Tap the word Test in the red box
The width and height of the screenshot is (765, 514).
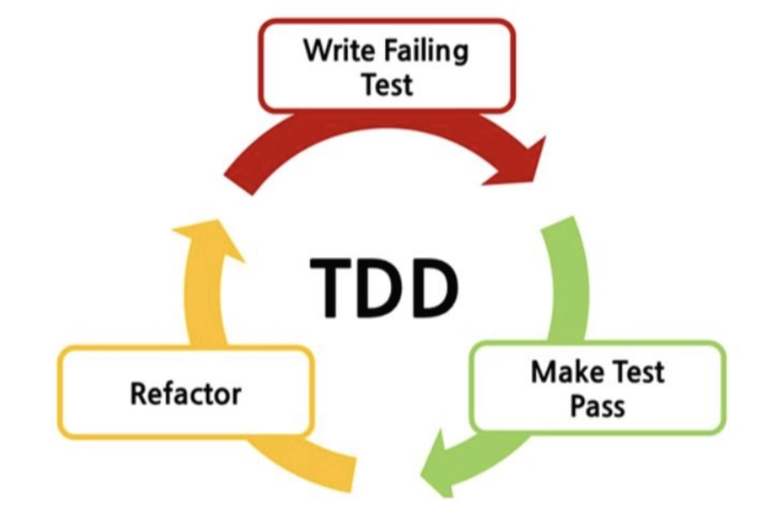coord(387,85)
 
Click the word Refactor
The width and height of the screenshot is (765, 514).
coord(185,393)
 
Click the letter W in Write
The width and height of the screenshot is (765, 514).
coord(315,52)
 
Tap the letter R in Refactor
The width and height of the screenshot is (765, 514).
coord(138,393)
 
